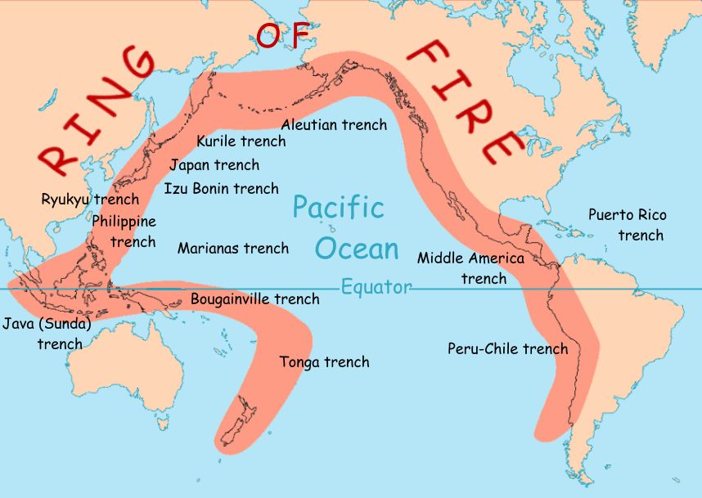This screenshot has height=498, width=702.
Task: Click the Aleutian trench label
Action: [334, 124]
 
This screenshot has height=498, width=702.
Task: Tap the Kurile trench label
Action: [241, 141]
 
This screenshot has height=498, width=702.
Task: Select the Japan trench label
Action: [214, 164]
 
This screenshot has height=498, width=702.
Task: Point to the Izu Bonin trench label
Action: [221, 188]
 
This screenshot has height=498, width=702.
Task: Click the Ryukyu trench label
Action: [90, 199]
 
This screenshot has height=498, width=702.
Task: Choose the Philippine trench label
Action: [124, 231]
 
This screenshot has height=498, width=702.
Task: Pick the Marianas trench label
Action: [233, 247]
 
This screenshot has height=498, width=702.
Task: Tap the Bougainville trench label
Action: [254, 298]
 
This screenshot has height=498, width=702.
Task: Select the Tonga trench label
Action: [324, 361]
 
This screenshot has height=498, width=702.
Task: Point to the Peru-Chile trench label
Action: [507, 348]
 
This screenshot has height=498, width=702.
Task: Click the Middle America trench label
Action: [470, 267]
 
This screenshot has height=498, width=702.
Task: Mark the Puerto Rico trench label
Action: [628, 225]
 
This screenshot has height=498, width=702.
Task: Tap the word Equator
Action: [376, 287]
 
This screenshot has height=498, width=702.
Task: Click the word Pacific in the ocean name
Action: [338, 207]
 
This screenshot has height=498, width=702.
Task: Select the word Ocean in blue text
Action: [358, 249]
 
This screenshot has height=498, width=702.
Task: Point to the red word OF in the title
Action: [283, 36]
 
